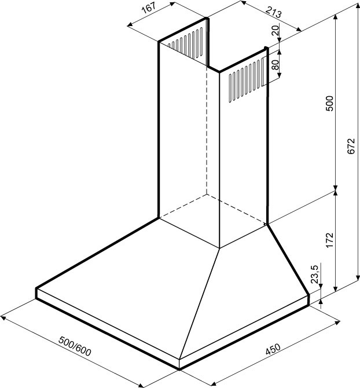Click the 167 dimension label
[149, 8]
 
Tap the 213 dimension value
[274, 11]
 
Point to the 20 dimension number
[275, 30]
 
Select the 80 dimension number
[275, 65]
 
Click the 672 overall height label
[351, 147]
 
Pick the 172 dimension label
[330, 240]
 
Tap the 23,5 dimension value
[315, 274]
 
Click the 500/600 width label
[75, 346]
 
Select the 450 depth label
[273, 349]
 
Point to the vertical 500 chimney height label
[329, 103]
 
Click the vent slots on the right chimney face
[246, 79]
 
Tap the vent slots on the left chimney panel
[185, 43]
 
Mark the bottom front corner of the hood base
[179, 369]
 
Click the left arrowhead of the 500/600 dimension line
[3, 317]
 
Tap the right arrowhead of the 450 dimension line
[337, 323]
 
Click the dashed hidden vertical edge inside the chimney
[207, 130]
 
